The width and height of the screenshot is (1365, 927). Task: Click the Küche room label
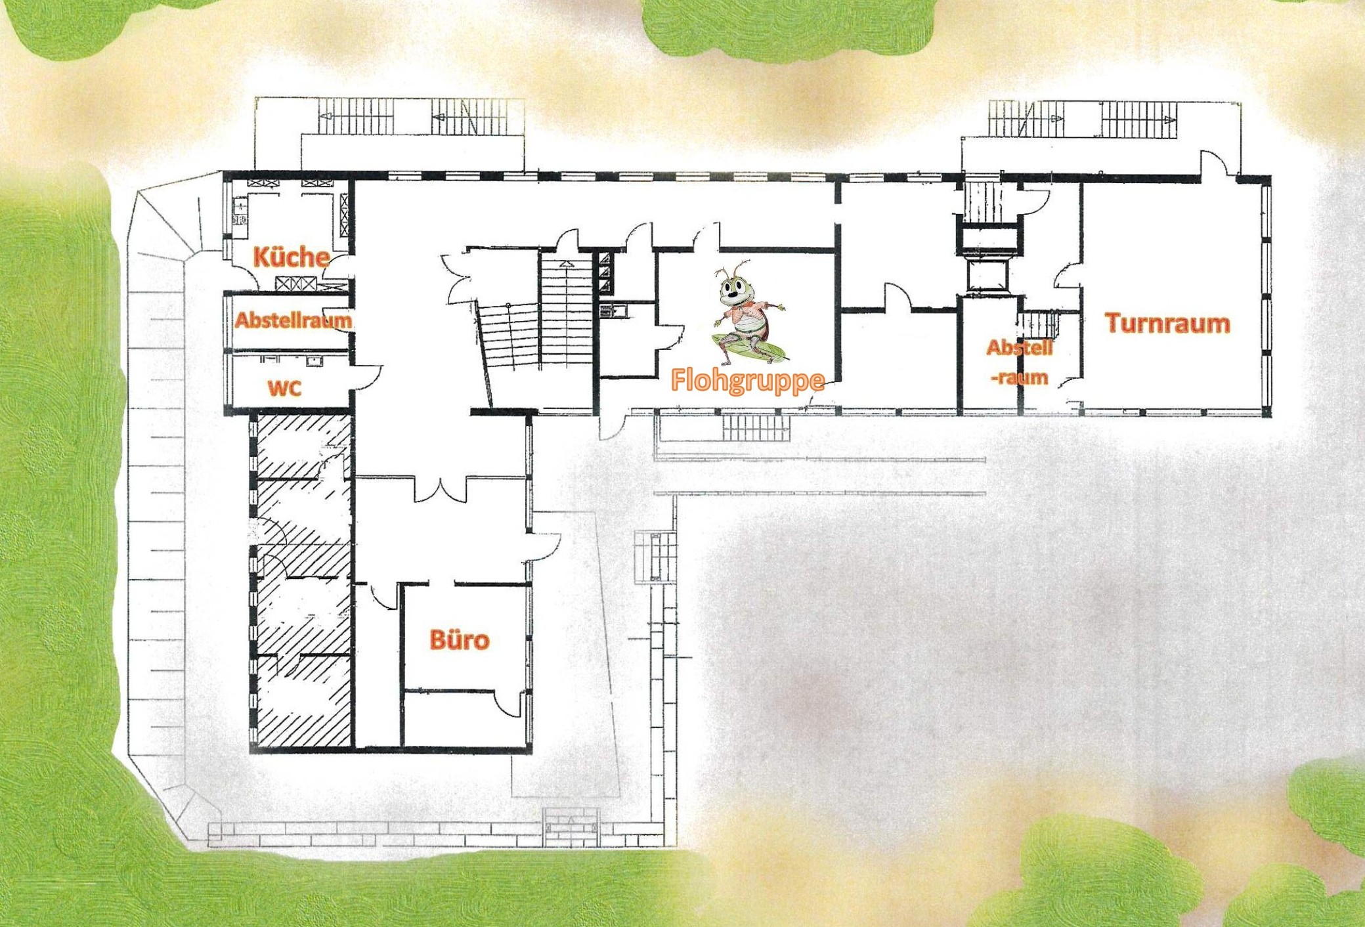291,257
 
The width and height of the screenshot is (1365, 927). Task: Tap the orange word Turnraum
1167,323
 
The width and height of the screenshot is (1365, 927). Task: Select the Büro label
460,639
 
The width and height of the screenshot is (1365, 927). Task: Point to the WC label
285,388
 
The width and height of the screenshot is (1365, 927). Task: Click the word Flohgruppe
748,381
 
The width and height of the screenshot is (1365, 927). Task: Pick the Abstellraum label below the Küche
293,320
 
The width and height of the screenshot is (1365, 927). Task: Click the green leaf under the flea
749,349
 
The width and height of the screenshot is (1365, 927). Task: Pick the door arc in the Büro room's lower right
509,703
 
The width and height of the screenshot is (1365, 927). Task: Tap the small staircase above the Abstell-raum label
1038,324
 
